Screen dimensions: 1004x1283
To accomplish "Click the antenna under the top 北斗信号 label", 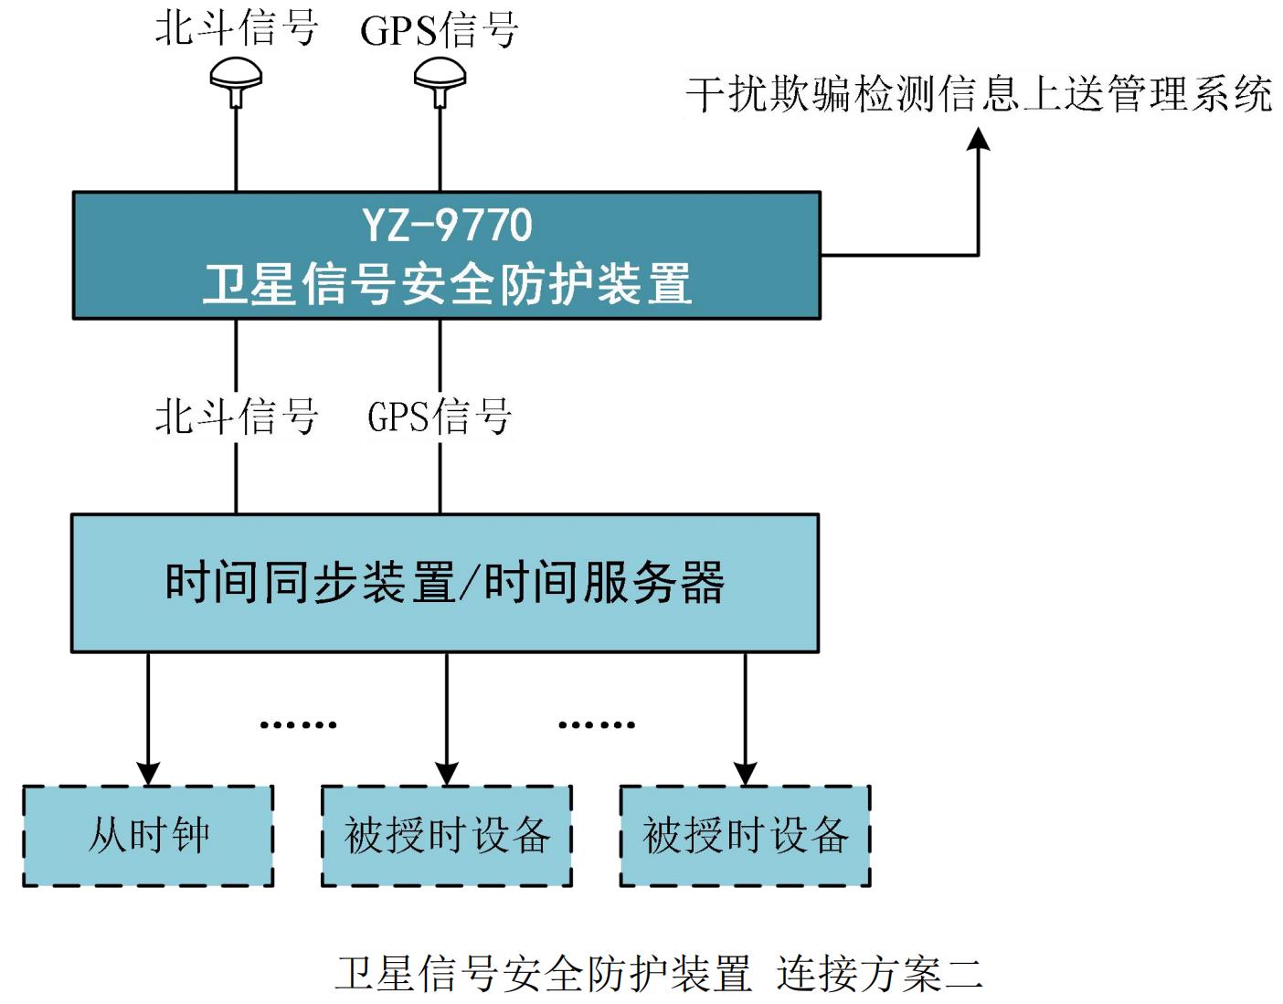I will [236, 79].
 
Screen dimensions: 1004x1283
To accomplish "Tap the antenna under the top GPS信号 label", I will [440, 79].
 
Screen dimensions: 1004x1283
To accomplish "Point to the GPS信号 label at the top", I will [440, 29].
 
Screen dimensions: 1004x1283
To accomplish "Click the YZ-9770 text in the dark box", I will [447, 225].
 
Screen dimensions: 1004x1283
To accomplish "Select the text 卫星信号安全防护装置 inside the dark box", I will [447, 284].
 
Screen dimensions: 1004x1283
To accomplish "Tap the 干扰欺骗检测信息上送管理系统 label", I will [979, 94].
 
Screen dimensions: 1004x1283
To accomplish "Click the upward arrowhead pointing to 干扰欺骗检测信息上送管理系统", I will [979, 140].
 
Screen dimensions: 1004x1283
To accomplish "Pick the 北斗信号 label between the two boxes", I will [236, 417].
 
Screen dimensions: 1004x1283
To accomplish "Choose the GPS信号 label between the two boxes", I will [440, 417].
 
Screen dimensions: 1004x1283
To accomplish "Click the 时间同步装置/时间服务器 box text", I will [445, 582].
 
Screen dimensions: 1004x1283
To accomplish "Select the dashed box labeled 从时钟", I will [148, 835].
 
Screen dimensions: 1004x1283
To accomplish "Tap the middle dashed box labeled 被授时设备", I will [447, 835].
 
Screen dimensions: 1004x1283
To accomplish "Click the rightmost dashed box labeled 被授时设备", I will [746, 835].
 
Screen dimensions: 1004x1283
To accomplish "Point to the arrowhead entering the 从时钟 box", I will [148, 772].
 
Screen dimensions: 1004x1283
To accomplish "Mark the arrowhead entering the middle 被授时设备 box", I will [447, 772].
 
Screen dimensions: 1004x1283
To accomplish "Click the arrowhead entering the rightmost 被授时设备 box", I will [746, 772].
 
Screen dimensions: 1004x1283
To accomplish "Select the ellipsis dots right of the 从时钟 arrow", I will [298, 724].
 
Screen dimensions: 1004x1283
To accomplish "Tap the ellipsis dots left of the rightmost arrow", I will [596, 724].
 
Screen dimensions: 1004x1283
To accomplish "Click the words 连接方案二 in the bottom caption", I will [879, 974].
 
